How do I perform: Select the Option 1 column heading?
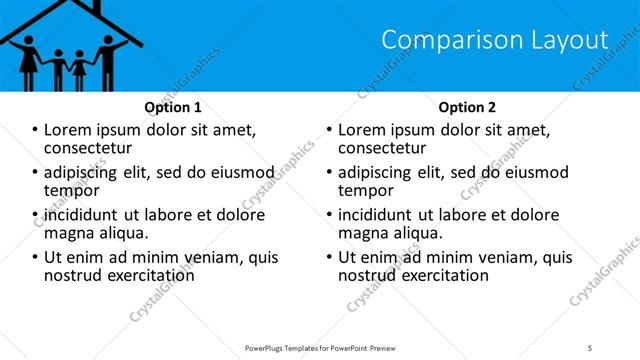click(x=173, y=107)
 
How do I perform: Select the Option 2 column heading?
click(x=466, y=107)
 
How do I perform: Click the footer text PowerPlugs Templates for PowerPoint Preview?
click(x=319, y=347)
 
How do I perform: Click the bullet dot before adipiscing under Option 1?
click(x=35, y=173)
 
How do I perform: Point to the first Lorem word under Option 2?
click(x=362, y=129)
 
